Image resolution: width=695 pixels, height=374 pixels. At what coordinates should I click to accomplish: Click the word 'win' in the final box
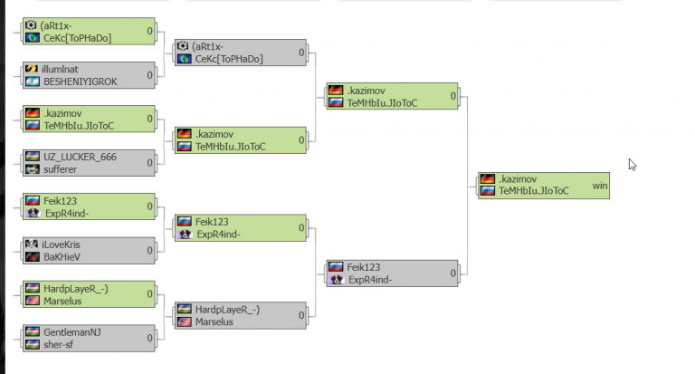600,186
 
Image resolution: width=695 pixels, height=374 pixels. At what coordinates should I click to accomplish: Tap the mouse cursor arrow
632,165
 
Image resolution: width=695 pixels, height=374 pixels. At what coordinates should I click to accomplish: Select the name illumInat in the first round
60,69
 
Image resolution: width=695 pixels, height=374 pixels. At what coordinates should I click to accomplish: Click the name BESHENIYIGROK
81,82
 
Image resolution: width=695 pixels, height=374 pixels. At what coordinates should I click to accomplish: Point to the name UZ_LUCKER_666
80,157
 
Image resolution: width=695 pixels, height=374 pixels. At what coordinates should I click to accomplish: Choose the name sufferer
60,169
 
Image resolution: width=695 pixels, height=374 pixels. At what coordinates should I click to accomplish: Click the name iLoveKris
61,245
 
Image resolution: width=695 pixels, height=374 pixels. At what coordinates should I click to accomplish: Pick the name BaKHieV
62,257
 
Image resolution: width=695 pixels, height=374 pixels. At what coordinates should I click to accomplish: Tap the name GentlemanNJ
71,332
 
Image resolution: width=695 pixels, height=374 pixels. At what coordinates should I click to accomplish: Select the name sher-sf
58,345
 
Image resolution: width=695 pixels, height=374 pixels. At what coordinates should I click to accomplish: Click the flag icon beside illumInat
32,69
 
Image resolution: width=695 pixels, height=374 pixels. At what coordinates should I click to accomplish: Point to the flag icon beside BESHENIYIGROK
33,82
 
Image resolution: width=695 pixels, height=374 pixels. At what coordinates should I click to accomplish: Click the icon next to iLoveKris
32,244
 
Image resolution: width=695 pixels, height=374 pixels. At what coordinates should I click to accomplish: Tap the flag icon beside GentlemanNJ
33,331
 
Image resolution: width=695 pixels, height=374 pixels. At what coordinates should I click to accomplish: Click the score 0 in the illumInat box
150,75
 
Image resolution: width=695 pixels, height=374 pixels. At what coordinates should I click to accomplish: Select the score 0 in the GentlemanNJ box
150,338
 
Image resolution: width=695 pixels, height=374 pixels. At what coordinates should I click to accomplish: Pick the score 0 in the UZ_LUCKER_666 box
150,163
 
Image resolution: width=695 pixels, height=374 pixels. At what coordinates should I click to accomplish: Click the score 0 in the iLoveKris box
150,251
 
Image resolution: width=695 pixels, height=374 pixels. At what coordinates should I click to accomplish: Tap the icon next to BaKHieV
33,257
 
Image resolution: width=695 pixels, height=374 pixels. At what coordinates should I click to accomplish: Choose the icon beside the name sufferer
33,169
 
